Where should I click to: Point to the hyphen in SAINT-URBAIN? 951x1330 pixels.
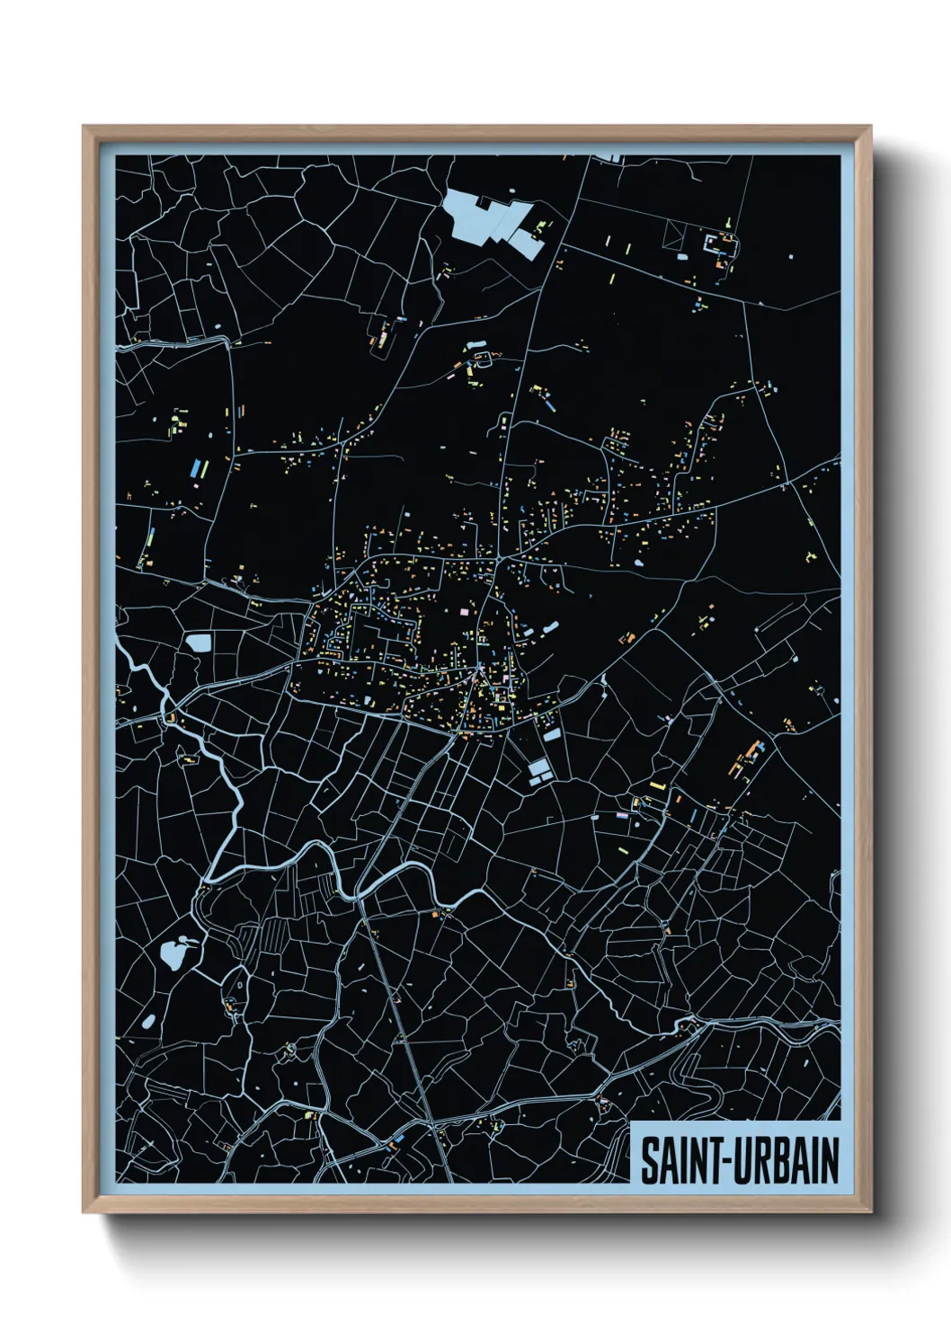click(727, 1162)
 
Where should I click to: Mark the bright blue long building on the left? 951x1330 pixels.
click(195, 468)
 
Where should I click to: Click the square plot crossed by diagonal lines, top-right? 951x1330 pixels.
click(675, 235)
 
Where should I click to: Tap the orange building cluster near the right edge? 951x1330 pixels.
click(745, 760)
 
